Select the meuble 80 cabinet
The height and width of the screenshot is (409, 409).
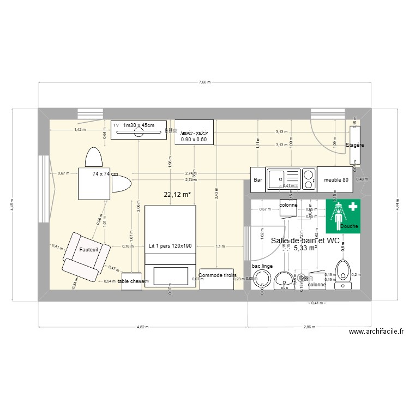click(336, 179)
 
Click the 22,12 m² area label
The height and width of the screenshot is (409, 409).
click(177, 194)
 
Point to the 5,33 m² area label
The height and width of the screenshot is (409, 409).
click(305, 248)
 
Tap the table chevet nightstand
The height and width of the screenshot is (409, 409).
click(131, 281)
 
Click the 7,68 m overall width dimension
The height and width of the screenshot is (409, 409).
click(204, 83)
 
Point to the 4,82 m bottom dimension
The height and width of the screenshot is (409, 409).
click(142, 327)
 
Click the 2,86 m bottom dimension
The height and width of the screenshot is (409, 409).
click(310, 327)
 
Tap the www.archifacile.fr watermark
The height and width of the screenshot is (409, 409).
click(377, 332)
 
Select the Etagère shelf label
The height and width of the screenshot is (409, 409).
click(354, 146)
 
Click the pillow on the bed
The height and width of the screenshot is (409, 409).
click(170, 275)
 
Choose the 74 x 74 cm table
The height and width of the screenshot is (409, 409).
click(95, 183)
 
